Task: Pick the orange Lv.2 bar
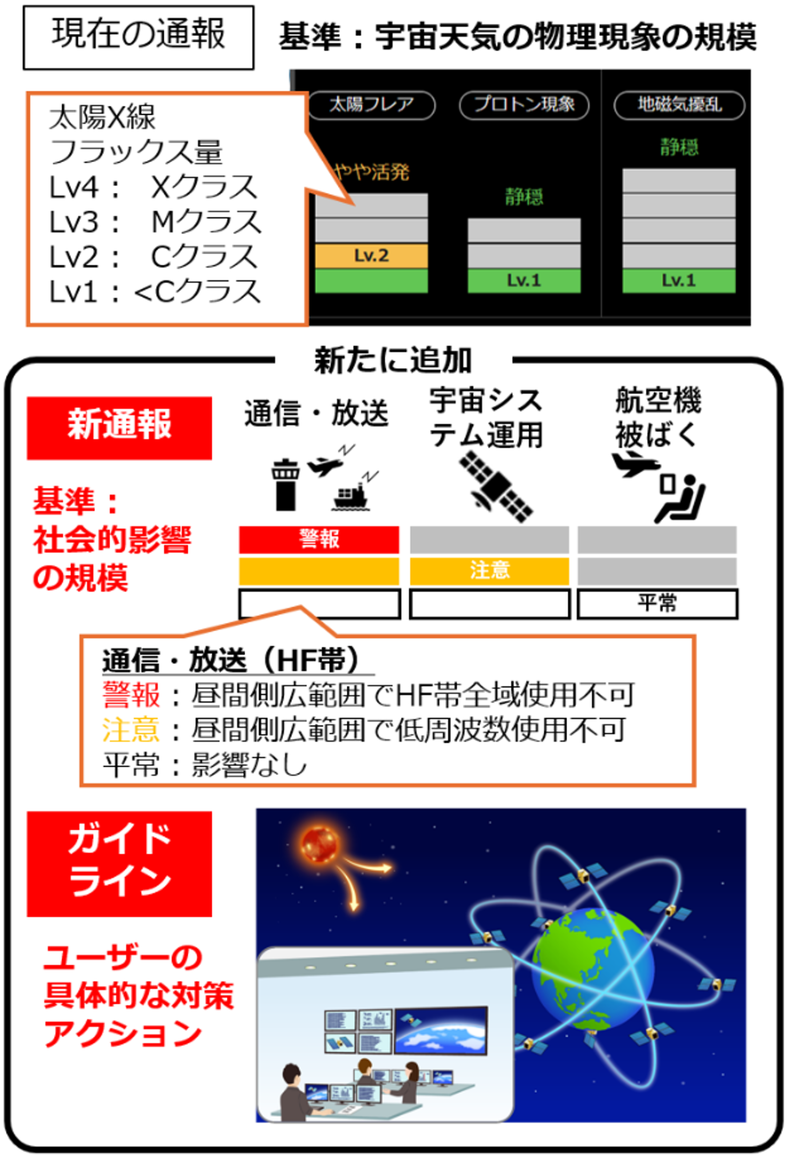pyautogui.click(x=371, y=255)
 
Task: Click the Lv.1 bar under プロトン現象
pyautogui.click(x=524, y=280)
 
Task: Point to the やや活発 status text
pyautogui.click(x=371, y=172)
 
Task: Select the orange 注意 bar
pyautogui.click(x=489, y=571)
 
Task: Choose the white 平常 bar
pyautogui.click(x=657, y=604)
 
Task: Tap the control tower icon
pyautogui.click(x=286, y=484)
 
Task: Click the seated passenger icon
pyautogui.click(x=680, y=499)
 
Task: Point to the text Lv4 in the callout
pyautogui.click(x=74, y=188)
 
